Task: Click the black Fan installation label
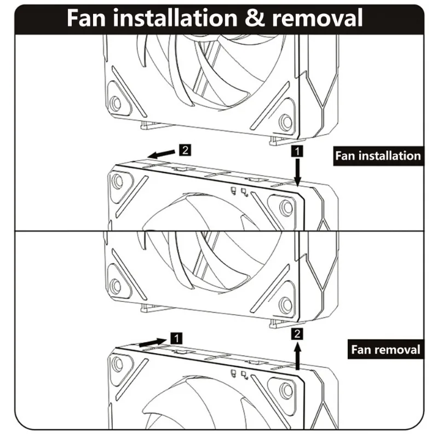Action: pos(378,155)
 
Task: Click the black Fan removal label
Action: pos(385,349)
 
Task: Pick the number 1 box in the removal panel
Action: pos(176,338)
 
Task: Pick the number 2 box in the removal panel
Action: pos(296,333)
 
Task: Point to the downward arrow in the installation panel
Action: pos(297,172)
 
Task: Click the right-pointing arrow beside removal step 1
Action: pos(152,342)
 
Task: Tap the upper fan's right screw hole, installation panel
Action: pos(285,120)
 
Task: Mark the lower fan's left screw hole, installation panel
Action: pos(117,181)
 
